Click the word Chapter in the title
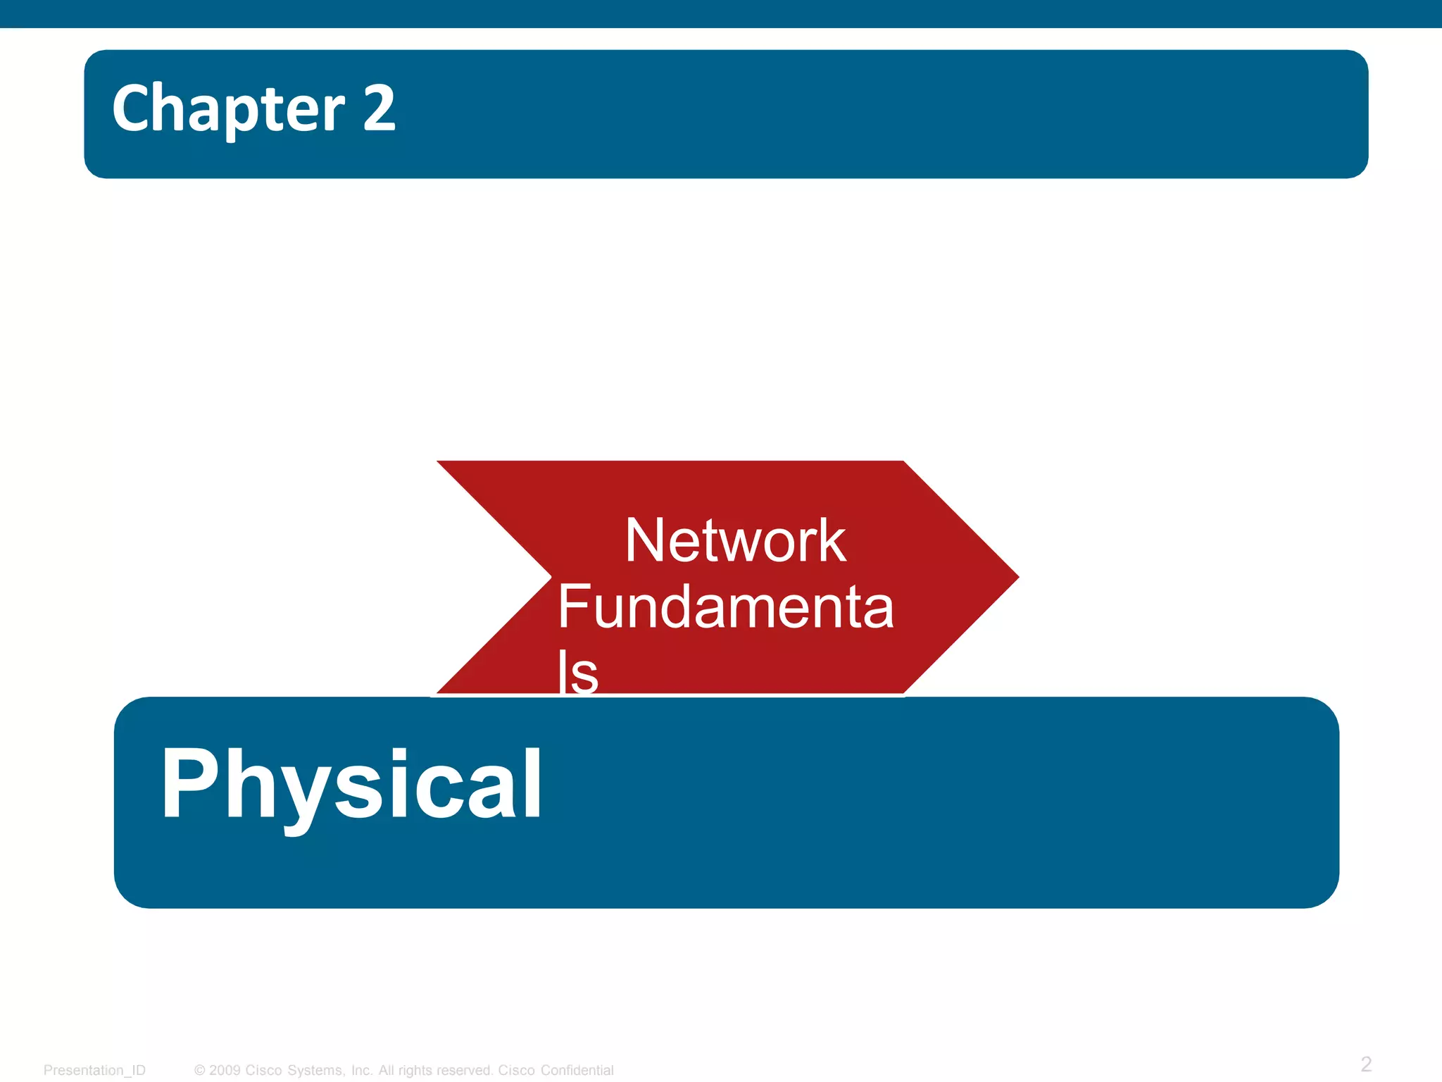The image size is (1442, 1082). [229, 109]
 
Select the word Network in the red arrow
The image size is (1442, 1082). [735, 541]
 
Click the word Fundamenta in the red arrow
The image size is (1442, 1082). [725, 607]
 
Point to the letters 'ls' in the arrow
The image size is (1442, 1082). [577, 673]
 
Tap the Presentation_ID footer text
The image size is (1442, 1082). [94, 1070]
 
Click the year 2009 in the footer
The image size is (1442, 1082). [225, 1070]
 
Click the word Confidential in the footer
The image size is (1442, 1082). [577, 1070]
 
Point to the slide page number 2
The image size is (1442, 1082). [1366, 1064]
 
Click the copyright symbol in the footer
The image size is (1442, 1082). [200, 1070]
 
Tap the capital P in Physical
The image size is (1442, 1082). [184, 783]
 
